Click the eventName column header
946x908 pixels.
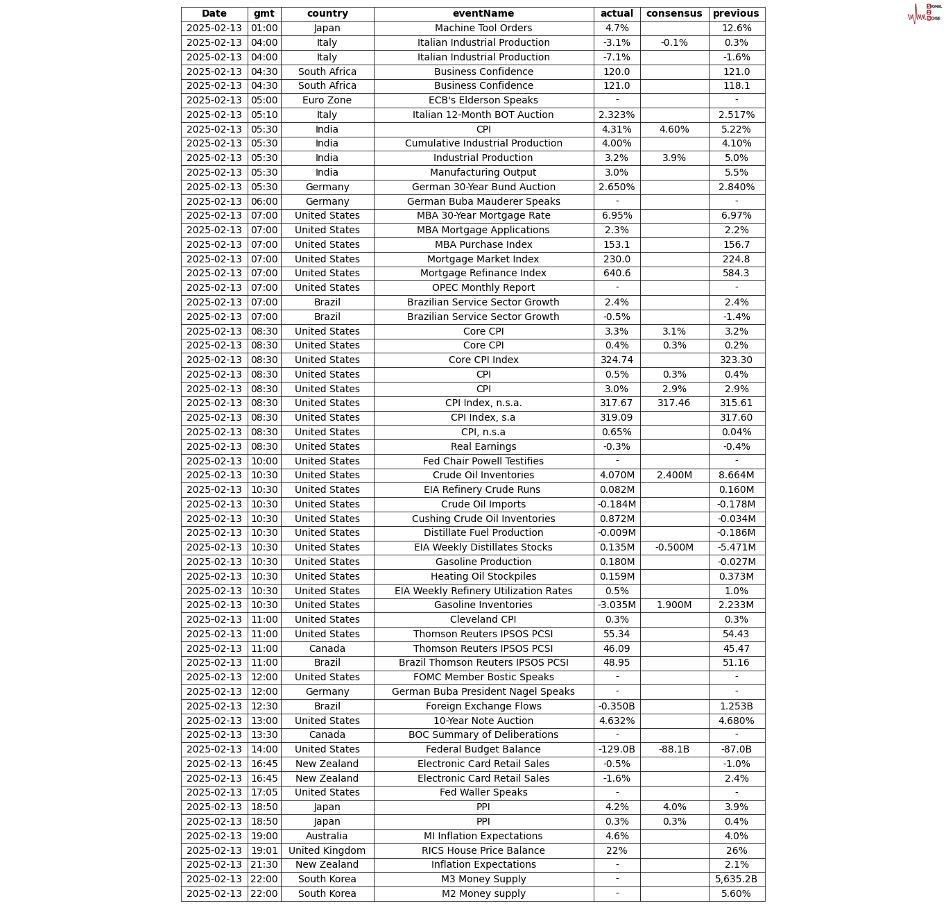pos(483,14)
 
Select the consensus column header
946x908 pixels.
pos(673,14)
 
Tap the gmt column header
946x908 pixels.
pos(264,14)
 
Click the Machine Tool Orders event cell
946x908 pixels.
pos(483,28)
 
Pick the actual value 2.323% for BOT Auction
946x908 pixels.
pos(617,115)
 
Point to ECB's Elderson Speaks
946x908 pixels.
pos(483,100)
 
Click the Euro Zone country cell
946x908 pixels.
pos(327,100)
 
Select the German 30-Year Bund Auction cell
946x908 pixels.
pos(483,187)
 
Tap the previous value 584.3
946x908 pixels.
pos(736,274)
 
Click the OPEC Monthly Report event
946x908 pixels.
pos(483,287)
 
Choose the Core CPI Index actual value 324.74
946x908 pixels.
pos(617,360)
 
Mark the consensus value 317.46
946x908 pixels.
pos(673,403)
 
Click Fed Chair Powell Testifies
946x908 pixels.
pos(483,461)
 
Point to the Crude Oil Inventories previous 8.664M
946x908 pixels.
pos(736,476)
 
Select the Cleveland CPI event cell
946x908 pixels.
pos(483,619)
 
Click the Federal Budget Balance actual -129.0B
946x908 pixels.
pos(617,749)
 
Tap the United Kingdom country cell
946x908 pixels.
pos(327,850)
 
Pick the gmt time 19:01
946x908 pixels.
pos(264,850)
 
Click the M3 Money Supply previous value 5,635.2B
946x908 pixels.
pos(736,879)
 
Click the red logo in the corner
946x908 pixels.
pos(924,13)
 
